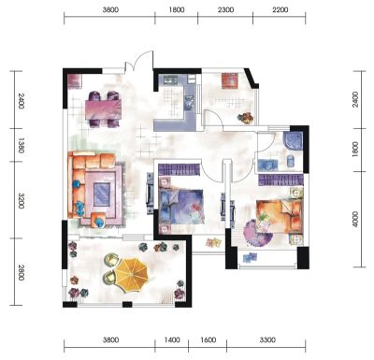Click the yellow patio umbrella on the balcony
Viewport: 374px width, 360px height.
(131, 275)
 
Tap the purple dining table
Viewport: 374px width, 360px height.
(103, 109)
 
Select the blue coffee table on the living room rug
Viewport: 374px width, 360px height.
(102, 194)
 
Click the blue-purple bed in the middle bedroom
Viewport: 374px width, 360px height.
(181, 206)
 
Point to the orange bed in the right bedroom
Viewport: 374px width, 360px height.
(280, 216)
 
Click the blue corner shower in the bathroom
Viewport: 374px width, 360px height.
(293, 141)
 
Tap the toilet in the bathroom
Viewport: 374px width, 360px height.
(291, 161)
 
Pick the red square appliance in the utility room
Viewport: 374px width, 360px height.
(230, 80)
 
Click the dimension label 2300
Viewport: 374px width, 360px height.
(225, 10)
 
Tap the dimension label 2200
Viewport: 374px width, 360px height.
(280, 10)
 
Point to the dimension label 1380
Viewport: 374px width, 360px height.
(21, 146)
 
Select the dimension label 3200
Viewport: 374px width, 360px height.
(21, 201)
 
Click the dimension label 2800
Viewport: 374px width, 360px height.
(21, 272)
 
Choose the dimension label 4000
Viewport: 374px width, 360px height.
(355, 220)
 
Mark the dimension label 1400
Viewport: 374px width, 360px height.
(172, 339)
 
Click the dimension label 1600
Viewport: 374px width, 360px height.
(208, 339)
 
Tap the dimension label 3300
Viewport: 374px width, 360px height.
(267, 339)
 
